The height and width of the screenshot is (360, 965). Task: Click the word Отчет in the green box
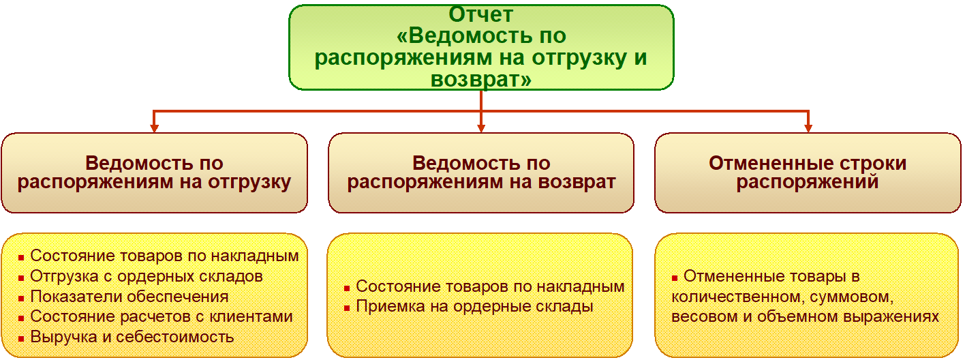(481, 14)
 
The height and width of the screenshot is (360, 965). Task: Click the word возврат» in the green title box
(481, 79)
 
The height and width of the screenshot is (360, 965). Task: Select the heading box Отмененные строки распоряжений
(808, 172)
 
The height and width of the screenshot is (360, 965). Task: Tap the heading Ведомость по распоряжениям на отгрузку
(154, 172)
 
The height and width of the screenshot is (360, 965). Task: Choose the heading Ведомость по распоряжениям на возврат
(481, 172)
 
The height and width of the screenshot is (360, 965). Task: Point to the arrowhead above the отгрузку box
(155, 127)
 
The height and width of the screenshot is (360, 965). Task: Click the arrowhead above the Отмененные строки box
(808, 127)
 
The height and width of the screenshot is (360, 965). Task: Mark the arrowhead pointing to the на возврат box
(481, 127)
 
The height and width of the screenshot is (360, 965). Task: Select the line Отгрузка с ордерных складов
(147, 276)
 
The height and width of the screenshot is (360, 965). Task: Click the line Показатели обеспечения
(129, 297)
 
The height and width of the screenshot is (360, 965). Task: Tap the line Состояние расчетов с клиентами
(162, 316)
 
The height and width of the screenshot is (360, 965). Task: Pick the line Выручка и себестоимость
(132, 336)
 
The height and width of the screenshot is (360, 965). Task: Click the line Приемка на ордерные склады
(474, 306)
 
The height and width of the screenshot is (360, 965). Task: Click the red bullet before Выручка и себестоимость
(22, 337)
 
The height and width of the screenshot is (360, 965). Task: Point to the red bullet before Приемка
(348, 307)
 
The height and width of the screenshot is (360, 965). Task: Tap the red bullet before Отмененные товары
(675, 277)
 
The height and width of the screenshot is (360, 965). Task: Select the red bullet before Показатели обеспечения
(22, 298)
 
